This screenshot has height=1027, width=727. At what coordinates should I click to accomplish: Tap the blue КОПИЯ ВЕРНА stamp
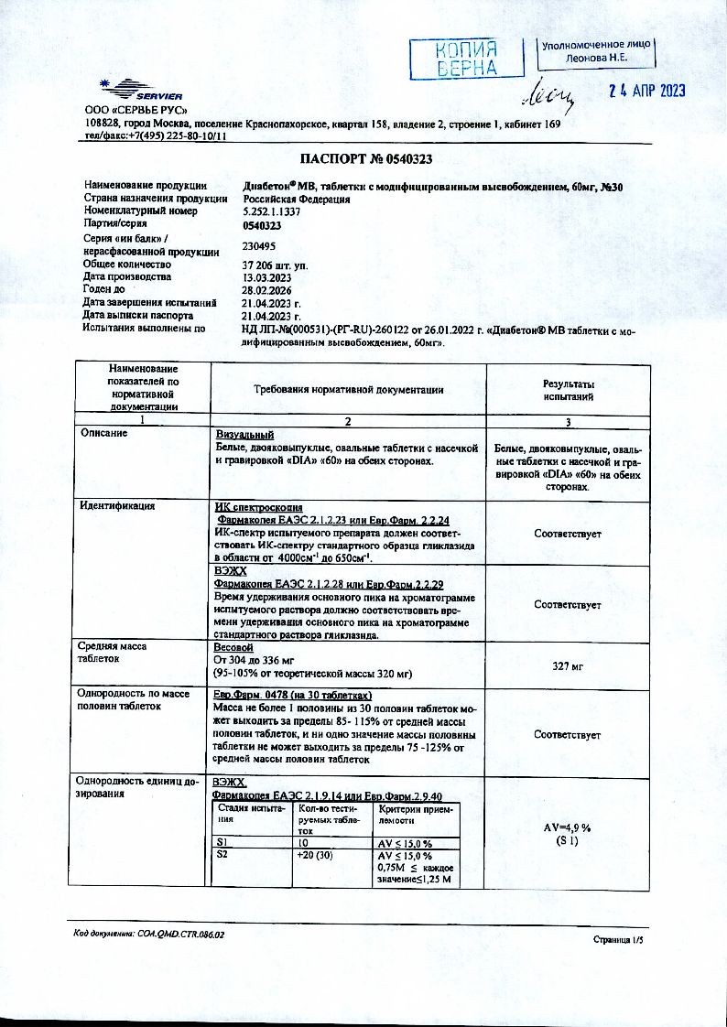(x=466, y=59)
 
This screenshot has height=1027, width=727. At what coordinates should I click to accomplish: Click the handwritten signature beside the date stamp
(x=548, y=92)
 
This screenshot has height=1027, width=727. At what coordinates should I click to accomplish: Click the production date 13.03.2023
(x=267, y=276)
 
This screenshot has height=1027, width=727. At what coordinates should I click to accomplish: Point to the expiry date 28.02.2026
(x=267, y=289)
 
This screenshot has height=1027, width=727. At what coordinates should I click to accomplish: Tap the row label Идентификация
(x=117, y=505)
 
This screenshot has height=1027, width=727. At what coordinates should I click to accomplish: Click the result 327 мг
(x=568, y=666)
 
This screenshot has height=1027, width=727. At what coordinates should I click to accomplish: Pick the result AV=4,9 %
(x=568, y=827)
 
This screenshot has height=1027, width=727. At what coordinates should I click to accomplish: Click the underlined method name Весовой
(x=233, y=647)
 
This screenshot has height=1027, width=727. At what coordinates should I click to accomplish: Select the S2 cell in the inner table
(x=222, y=854)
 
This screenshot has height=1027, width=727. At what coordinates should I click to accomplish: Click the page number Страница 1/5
(x=619, y=940)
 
